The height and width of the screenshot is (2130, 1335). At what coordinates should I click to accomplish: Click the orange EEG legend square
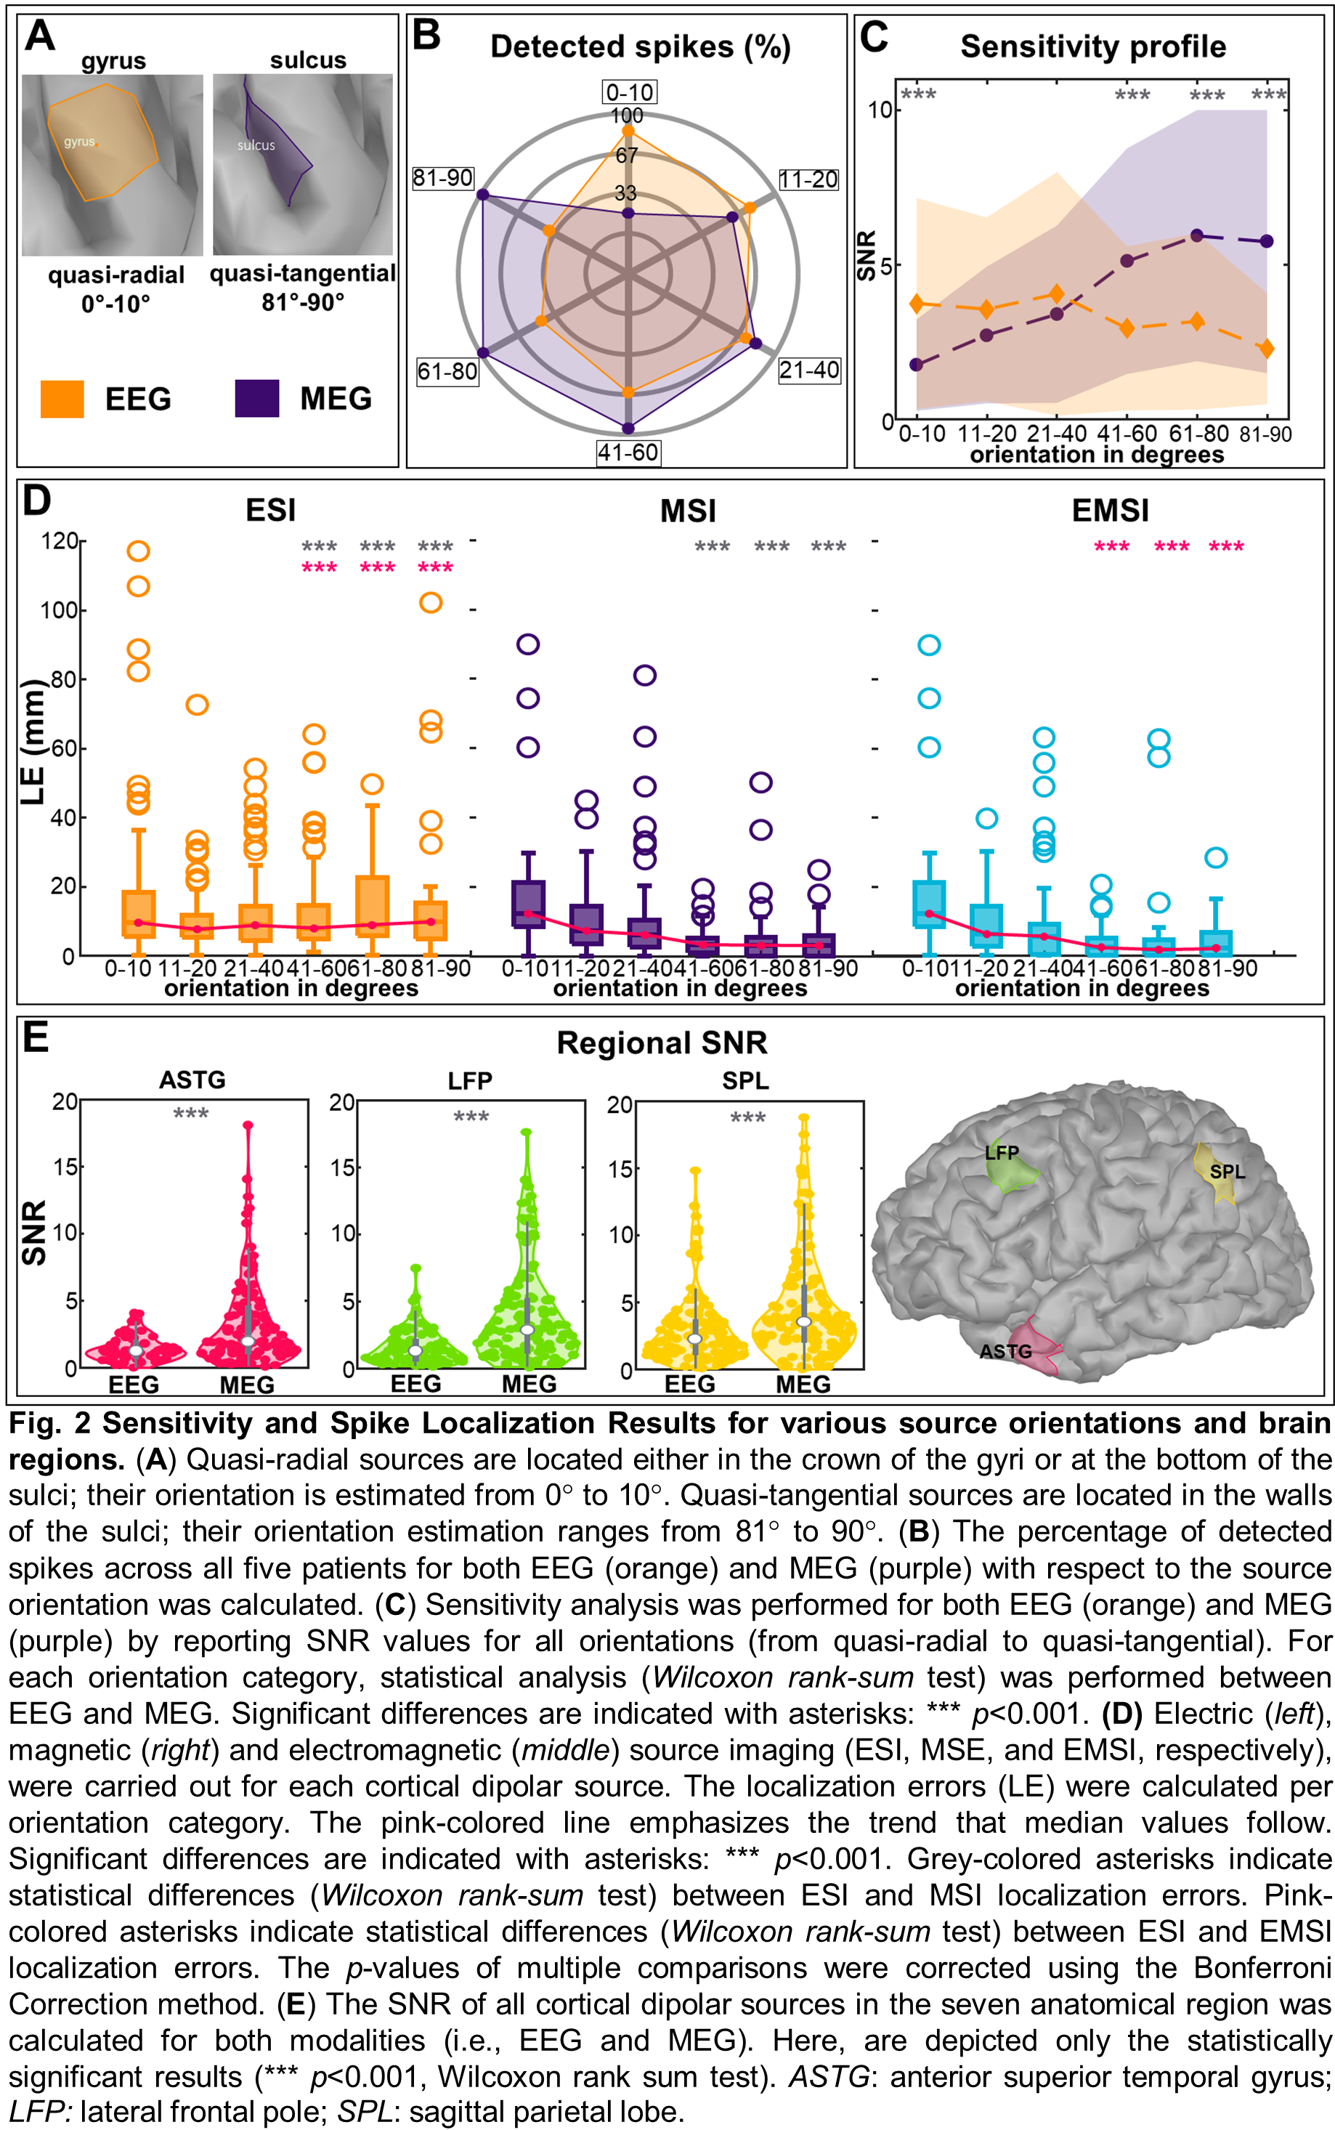coord(62,398)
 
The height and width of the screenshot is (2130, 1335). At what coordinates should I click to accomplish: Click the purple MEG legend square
coord(257,398)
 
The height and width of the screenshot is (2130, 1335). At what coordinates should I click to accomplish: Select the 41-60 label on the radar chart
coord(628,453)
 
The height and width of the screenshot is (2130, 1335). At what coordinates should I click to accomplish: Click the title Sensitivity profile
coord(1093,46)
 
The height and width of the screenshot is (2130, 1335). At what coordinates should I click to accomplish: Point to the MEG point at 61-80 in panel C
coord(1197,235)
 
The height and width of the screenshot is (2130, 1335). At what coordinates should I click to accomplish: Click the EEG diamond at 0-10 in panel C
coord(917,304)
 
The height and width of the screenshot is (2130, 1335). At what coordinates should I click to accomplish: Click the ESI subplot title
coord(270,511)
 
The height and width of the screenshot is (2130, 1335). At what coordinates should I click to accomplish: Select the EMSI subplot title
coord(1110,511)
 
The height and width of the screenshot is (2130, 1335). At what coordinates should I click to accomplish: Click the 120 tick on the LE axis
coord(60,540)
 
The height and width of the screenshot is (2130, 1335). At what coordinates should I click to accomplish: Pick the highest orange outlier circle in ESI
coord(139,551)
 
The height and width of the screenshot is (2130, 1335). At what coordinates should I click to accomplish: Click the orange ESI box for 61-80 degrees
coord(373,905)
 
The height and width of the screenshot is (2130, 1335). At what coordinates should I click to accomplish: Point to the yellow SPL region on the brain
coord(1216,1173)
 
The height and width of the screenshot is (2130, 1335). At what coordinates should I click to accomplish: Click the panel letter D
coord(36,501)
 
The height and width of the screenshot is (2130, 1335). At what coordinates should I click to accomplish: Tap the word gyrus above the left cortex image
coord(114,61)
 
